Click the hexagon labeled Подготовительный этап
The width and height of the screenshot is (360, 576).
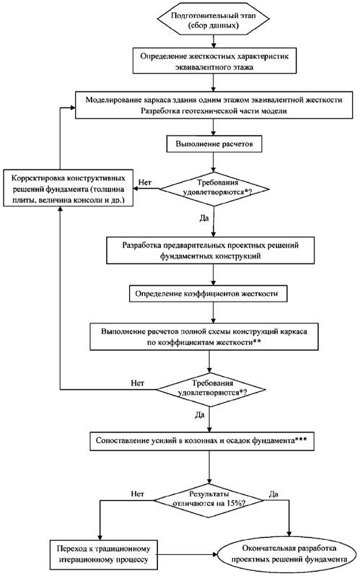click(213, 20)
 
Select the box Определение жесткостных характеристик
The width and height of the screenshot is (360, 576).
click(214, 61)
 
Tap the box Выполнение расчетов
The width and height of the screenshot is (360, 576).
click(214, 144)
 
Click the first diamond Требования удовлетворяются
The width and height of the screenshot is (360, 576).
click(214, 189)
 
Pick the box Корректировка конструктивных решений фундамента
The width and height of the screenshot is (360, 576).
click(68, 188)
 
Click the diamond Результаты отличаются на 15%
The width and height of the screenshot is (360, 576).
click(208, 500)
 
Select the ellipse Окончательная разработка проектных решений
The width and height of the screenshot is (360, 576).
click(289, 554)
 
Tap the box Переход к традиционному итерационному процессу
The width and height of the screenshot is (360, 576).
click(104, 554)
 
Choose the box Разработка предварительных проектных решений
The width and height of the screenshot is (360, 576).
click(211, 250)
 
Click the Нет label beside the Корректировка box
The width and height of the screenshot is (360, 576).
click(145, 182)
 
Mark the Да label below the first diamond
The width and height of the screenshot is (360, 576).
click(204, 218)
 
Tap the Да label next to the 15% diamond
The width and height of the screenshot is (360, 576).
click(273, 494)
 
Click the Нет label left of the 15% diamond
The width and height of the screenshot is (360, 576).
click(137, 494)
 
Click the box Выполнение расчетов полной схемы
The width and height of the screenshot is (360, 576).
click(204, 336)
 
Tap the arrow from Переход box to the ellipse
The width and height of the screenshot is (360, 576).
click(188, 554)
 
